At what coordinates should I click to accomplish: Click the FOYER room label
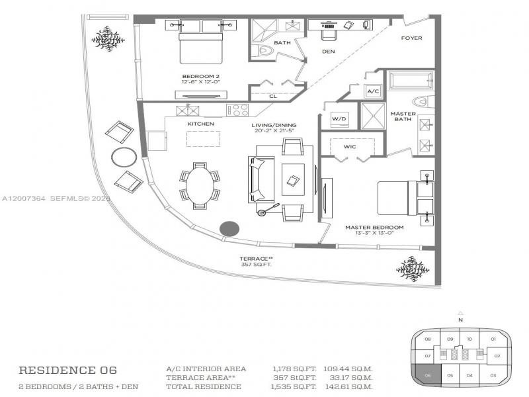pos(412,38)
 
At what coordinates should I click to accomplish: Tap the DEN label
pos(328,51)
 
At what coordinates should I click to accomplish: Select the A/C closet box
pos(372,91)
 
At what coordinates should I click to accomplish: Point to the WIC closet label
pos(350,147)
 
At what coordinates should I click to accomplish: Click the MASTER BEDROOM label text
pos(374,227)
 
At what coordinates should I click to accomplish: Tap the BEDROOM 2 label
pos(200,77)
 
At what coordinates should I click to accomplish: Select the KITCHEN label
pos(200,124)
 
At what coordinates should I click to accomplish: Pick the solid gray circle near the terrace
pos(229,228)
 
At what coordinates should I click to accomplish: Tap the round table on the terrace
pos(124,157)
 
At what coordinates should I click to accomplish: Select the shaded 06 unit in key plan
pos(428,375)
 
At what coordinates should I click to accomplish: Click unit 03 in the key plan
pos(493,375)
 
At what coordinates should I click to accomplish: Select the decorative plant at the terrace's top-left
pos(108,38)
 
